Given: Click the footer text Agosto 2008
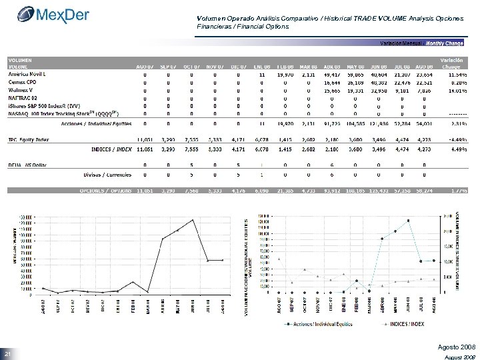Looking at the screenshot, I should [453, 347].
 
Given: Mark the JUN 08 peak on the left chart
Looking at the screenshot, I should [193, 220].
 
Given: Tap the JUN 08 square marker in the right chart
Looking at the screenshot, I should [408, 221].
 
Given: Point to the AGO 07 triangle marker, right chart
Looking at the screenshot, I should [280, 258].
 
